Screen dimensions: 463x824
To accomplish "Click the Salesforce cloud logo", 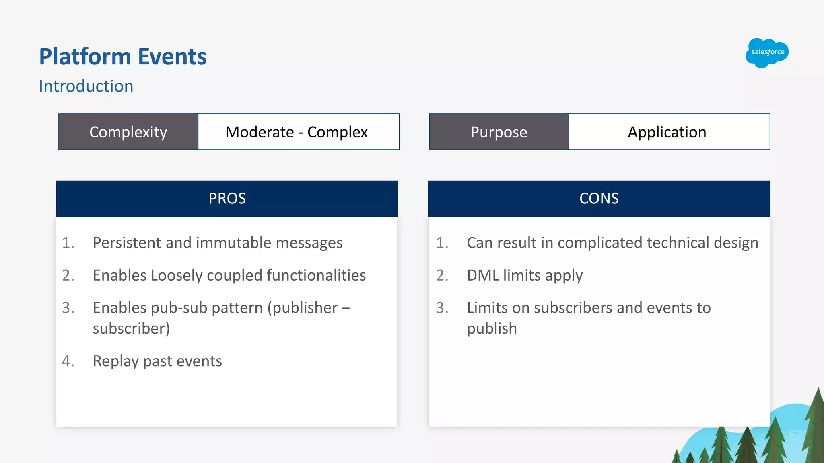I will pos(767,53).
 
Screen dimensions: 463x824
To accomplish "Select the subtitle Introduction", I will pos(86,86).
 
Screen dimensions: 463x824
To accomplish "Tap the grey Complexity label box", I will pos(128,132).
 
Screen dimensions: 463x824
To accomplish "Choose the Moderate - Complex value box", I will pos(297,132).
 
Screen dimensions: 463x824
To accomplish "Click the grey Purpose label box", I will pos(499,132).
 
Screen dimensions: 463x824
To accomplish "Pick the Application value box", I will pos(667,132).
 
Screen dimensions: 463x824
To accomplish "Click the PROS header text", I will pos(227,199).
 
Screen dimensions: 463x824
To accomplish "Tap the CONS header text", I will pos(599,199).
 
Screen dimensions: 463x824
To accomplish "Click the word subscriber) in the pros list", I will pos(131,329).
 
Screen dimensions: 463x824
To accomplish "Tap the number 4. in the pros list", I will pos(68,361).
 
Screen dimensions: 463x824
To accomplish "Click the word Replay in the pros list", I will pos(116,361).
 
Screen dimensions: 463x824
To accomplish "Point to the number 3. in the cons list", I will pos(442,308).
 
